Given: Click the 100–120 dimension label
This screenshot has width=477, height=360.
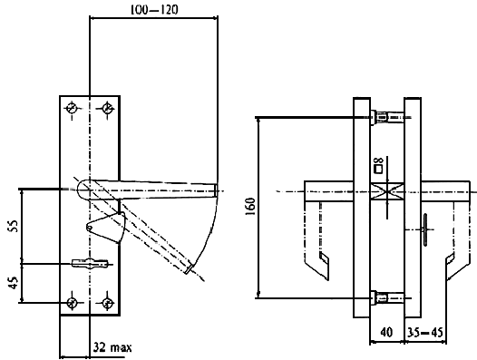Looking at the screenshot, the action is (x=154, y=10).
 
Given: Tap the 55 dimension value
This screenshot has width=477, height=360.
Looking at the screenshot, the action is (x=13, y=226).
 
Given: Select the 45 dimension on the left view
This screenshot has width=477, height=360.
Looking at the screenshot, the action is (x=13, y=283).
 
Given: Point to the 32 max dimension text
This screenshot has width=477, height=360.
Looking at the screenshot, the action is (x=112, y=347).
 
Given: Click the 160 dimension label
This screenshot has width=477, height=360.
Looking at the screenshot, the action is (x=250, y=207).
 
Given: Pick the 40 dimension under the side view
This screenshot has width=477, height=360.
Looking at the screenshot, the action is (x=386, y=332).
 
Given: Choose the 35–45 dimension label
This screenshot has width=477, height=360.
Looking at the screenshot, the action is (x=425, y=332).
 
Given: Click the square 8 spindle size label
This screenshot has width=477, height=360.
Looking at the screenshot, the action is (x=379, y=165).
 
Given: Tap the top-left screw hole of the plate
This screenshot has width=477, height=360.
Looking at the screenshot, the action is (x=73, y=108).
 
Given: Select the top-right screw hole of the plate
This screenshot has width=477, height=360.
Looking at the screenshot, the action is (x=107, y=108).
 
